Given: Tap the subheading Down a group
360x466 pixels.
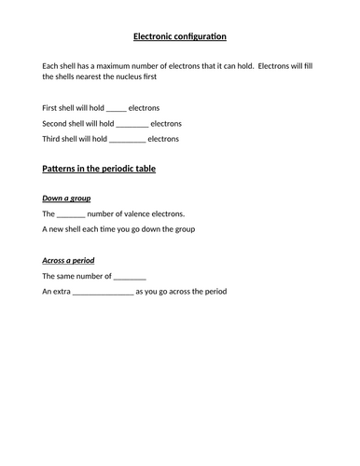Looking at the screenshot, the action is (70, 199).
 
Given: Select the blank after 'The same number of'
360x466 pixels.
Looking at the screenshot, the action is (131, 276).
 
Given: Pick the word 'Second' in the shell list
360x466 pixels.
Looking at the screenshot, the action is (57, 123).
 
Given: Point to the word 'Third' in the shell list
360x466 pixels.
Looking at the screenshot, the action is (53, 139).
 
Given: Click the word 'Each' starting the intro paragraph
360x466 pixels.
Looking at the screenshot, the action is (51, 64).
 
